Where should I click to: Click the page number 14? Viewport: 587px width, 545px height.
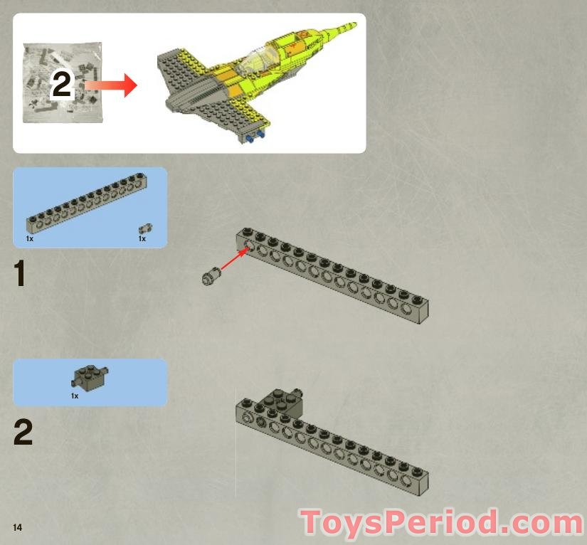(17, 527)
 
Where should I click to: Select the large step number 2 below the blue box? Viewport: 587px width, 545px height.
(23, 433)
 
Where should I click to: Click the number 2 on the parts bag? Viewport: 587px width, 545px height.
(62, 86)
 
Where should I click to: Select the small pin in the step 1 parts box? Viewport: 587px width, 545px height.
(145, 228)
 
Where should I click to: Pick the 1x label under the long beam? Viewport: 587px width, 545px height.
(29, 239)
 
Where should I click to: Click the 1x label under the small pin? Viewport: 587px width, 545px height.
(142, 239)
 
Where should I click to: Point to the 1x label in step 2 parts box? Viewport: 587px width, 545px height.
(75, 396)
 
